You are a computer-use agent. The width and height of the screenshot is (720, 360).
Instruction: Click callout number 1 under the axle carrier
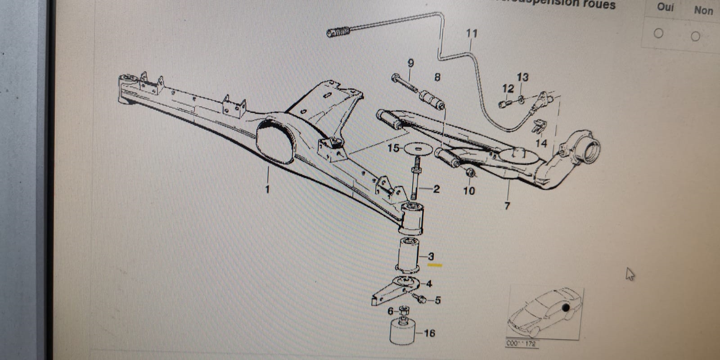[267, 189]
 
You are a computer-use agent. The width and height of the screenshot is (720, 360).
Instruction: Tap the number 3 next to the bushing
[431, 256]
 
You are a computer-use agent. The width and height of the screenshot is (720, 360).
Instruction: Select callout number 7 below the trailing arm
[507, 206]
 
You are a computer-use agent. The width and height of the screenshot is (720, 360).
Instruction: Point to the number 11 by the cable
[472, 33]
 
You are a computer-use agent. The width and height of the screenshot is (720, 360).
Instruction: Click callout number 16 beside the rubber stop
[429, 333]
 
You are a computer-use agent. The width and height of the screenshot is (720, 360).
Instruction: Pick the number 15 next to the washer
[393, 148]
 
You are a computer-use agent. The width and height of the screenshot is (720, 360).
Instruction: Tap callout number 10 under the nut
[469, 191]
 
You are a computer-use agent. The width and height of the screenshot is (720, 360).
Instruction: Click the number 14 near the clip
[541, 143]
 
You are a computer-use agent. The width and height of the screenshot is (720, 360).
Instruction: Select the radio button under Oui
[658, 33]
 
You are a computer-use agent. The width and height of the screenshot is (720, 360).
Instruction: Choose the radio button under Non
[695, 36]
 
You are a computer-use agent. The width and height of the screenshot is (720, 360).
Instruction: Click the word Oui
[665, 7]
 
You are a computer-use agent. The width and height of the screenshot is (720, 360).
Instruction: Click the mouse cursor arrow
[630, 274]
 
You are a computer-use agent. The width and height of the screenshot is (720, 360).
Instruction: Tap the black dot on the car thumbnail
[566, 308]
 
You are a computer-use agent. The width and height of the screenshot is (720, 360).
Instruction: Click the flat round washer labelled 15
[418, 148]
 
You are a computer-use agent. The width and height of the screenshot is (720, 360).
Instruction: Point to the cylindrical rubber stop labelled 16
[402, 332]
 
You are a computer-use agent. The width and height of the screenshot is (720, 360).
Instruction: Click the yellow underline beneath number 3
[435, 265]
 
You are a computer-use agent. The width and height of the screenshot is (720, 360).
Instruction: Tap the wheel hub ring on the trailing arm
[587, 148]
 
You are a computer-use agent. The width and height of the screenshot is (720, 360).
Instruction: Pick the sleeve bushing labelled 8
[432, 100]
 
